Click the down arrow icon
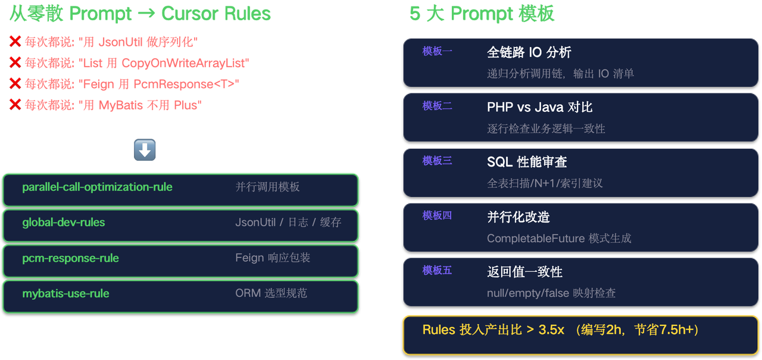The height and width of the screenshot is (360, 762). (x=145, y=150)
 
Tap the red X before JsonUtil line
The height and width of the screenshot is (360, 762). (x=15, y=41)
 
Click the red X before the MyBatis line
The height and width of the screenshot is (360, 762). (x=15, y=105)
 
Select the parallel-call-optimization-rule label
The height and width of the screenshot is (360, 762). (x=97, y=187)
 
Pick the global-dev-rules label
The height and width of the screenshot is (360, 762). (x=64, y=223)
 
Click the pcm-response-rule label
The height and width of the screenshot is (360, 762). (x=70, y=258)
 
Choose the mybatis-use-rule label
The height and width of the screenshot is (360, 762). (x=65, y=293)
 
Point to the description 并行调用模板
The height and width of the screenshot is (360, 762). (x=267, y=187)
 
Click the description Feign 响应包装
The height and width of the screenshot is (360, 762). (x=273, y=258)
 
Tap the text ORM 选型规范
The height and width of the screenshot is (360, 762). (x=271, y=293)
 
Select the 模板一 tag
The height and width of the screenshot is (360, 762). (x=437, y=51)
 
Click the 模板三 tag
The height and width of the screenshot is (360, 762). (x=437, y=161)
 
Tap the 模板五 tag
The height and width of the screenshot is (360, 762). (x=437, y=270)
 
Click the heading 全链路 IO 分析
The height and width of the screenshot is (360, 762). (x=529, y=52)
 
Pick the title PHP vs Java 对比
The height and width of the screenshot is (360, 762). (x=539, y=107)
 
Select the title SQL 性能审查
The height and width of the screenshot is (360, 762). (x=527, y=162)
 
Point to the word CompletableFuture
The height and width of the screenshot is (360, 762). (x=536, y=239)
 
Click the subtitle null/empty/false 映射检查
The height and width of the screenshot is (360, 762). (x=551, y=293)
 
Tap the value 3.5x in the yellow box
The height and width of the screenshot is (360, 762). (x=551, y=330)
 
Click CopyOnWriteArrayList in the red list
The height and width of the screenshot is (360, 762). (x=185, y=63)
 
